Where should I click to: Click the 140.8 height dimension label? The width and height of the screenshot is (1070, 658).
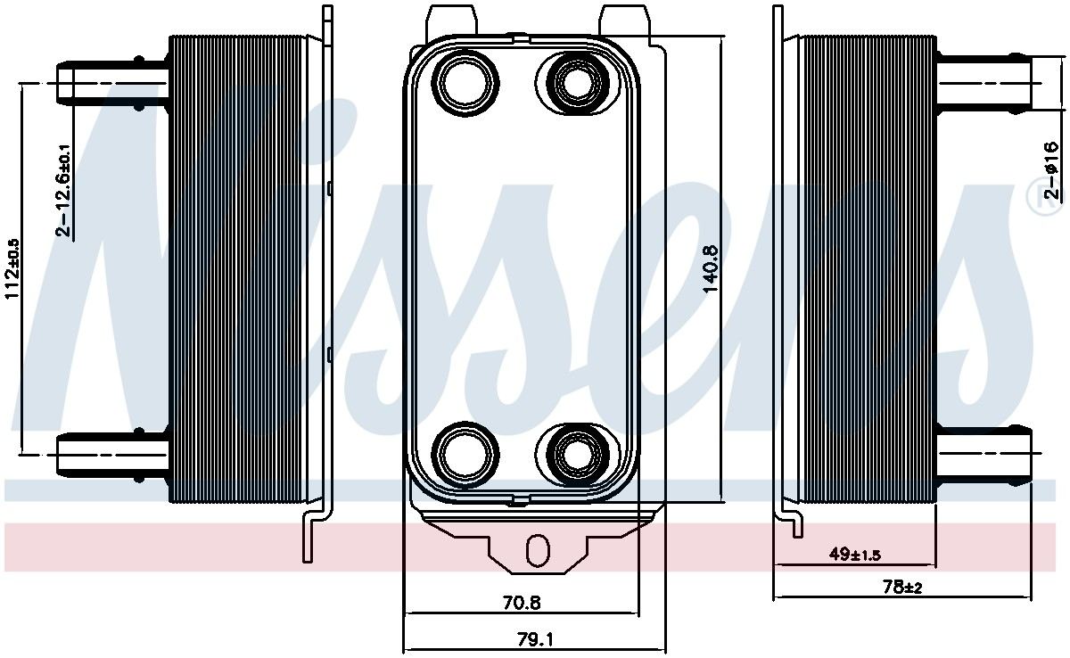click(x=711, y=266)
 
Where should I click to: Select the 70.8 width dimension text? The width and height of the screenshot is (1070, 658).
click(x=522, y=603)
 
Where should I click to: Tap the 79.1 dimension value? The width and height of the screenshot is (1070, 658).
click(x=534, y=639)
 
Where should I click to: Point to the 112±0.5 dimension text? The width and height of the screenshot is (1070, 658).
click(x=12, y=267)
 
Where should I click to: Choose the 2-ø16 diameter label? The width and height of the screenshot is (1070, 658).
click(x=1053, y=170)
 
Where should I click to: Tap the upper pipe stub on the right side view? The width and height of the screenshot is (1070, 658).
click(x=985, y=83)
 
